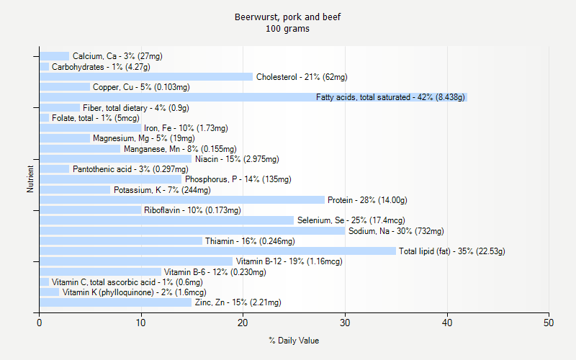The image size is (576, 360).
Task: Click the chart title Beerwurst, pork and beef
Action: tap(288, 17)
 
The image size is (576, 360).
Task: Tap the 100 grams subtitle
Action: tap(288, 29)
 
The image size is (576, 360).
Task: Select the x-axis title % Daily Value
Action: tap(294, 341)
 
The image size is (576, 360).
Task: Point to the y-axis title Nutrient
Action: tap(30, 179)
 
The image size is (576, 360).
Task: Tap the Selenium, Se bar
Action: tap(166, 220)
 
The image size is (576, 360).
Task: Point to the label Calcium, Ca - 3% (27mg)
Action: tap(117, 56)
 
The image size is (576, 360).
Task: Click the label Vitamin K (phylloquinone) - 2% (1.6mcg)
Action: tap(134, 292)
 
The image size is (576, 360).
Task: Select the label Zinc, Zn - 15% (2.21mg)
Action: tap(238, 302)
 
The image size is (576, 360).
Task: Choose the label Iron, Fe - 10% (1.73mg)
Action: tap(186, 128)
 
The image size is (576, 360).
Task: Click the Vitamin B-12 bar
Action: tap(136, 261)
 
